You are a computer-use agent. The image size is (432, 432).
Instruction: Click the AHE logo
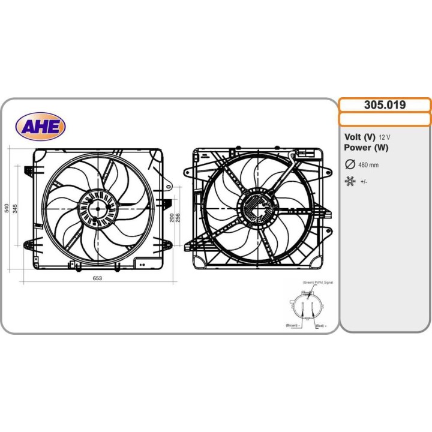(x=41, y=126)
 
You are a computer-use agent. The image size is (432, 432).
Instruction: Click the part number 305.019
(x=385, y=105)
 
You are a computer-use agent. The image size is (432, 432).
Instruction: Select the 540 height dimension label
(x=7, y=208)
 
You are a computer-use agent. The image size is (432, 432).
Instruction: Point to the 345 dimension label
(x=16, y=208)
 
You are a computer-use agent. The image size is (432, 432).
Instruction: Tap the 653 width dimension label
(x=97, y=278)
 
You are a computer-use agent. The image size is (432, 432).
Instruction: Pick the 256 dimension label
(x=178, y=217)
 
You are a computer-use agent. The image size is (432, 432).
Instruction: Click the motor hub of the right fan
(x=258, y=208)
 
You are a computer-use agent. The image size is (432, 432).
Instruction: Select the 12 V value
(x=385, y=137)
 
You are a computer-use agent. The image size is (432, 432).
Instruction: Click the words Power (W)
(x=367, y=148)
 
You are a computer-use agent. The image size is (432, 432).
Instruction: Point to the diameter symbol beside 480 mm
(x=350, y=164)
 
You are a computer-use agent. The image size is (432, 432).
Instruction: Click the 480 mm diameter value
(x=368, y=165)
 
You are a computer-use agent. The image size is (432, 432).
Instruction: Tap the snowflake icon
(x=350, y=181)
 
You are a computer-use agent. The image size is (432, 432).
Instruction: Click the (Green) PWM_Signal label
(x=317, y=282)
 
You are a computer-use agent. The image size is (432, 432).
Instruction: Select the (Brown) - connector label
(x=292, y=325)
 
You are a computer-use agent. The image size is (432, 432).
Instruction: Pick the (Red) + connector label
(x=321, y=325)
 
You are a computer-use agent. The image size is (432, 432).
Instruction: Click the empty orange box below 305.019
(x=385, y=119)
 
